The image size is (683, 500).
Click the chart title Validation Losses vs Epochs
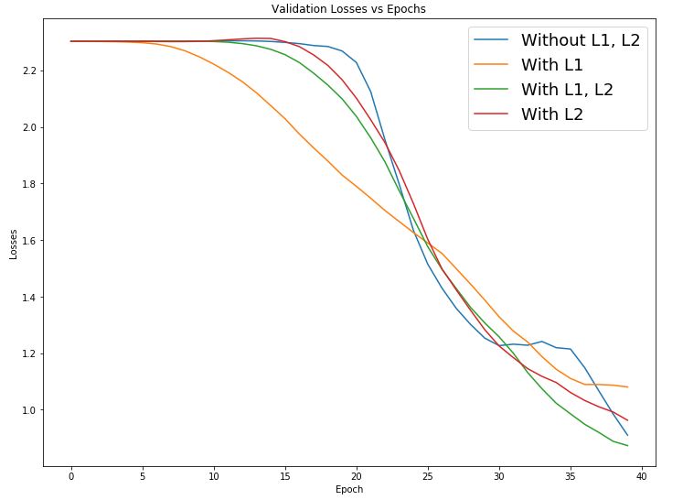coord(348,9)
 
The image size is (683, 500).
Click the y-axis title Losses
coord(14,243)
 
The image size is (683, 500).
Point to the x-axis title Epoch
coord(348,489)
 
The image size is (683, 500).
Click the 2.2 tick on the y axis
coord(28,71)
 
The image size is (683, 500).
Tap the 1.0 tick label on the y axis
coord(28,410)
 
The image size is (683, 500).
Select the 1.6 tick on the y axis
coord(28,241)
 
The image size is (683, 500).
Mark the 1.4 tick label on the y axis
coord(28,298)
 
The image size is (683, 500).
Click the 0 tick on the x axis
coord(71,475)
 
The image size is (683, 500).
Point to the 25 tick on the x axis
coord(428,475)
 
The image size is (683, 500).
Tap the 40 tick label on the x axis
coord(642,475)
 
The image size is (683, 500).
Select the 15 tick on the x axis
coord(285,475)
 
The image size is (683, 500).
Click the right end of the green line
coord(627,446)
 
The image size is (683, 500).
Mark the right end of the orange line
coord(627,387)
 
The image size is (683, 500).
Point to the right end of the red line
coord(627,420)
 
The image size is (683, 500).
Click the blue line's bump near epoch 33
coord(541,342)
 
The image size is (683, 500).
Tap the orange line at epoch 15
coord(285,118)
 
